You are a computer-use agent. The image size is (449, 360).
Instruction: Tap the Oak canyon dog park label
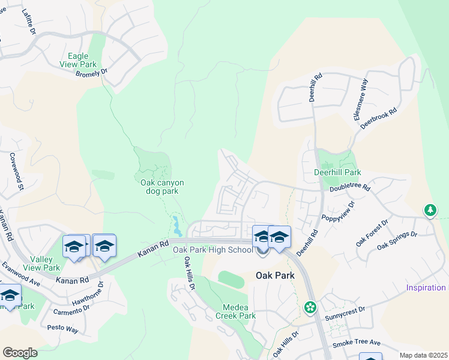coord(161,187)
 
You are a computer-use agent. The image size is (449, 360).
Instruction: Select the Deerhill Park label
coord(337,172)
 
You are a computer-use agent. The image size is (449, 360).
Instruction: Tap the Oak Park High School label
coord(212,250)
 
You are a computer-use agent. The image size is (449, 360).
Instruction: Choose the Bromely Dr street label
coord(91,73)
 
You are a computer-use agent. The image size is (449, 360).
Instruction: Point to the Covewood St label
coord(16,171)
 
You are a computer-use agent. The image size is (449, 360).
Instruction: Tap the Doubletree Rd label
coord(350,188)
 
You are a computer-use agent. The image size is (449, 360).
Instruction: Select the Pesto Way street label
coord(63,329)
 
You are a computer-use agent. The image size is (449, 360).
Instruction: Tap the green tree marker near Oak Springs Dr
coord(430,209)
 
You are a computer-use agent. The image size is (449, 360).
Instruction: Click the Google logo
coord(20,352)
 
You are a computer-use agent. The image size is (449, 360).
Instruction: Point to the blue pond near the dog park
coord(176,226)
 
